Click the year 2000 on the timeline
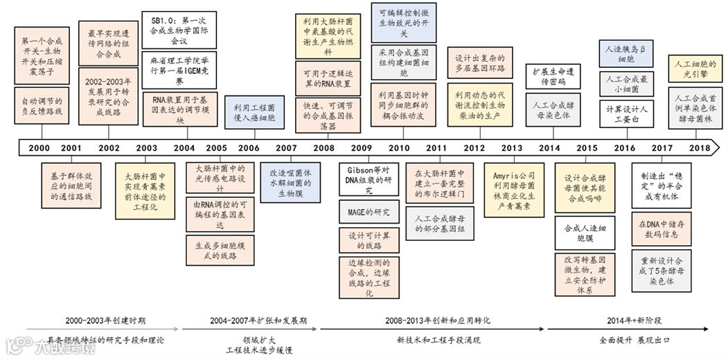pyautogui.click(x=39, y=147)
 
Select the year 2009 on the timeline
pyautogui.click(x=361, y=147)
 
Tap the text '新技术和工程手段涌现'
pyautogui.click(x=438, y=340)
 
